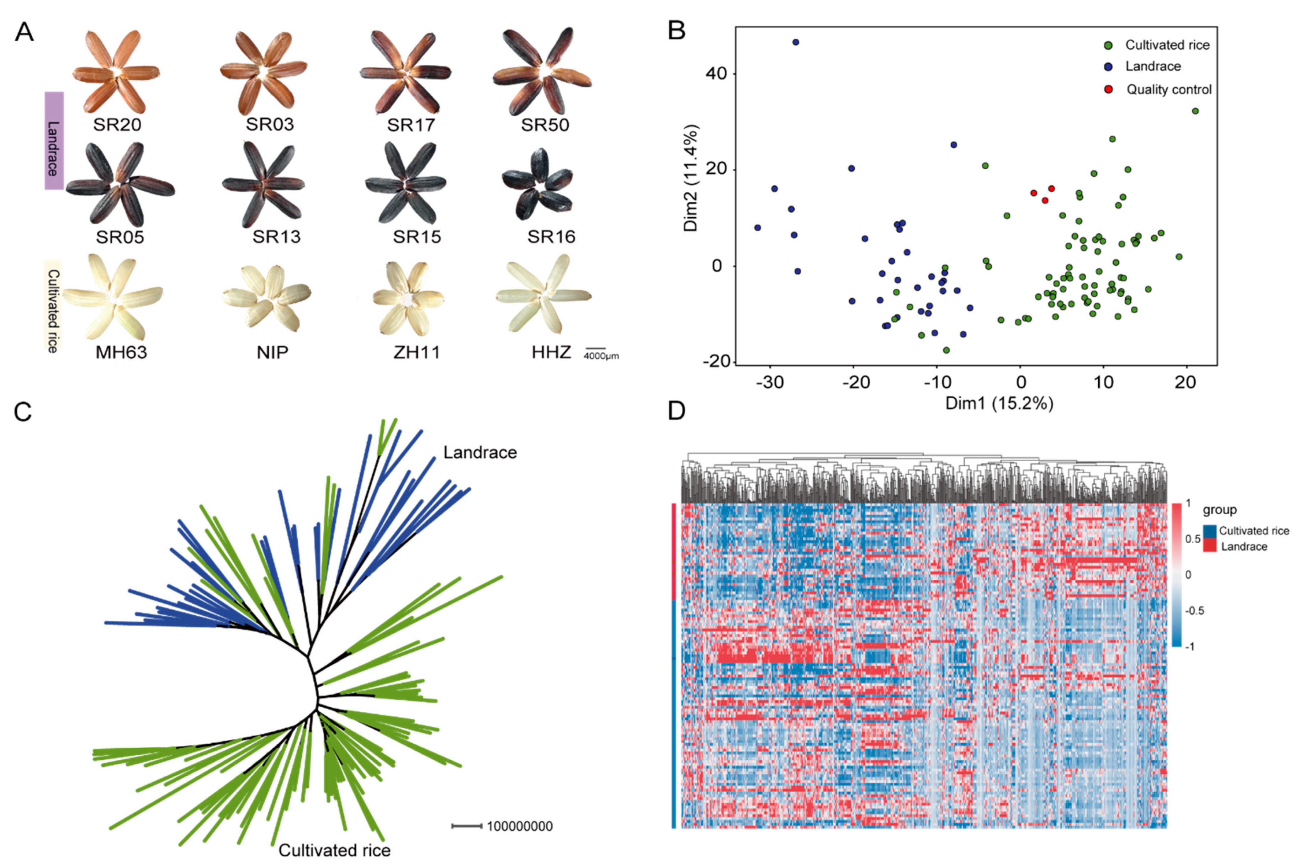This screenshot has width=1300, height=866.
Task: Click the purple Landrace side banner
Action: pyautogui.click(x=54, y=141)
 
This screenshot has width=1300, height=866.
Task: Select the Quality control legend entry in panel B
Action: pyautogui.click(x=1168, y=90)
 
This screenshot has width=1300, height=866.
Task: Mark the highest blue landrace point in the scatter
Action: pyautogui.click(x=796, y=42)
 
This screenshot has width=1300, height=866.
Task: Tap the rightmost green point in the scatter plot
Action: pyautogui.click(x=1195, y=111)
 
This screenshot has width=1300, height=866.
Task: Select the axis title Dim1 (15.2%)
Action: pyautogui.click(x=999, y=403)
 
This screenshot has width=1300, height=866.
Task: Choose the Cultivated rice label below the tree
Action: pyautogui.click(x=334, y=850)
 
